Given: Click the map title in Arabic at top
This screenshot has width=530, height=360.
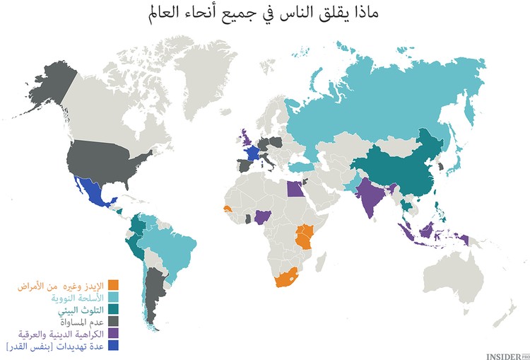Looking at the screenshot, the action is click(x=265, y=13).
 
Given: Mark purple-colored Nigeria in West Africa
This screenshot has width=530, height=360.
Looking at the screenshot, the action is click(x=263, y=216).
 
